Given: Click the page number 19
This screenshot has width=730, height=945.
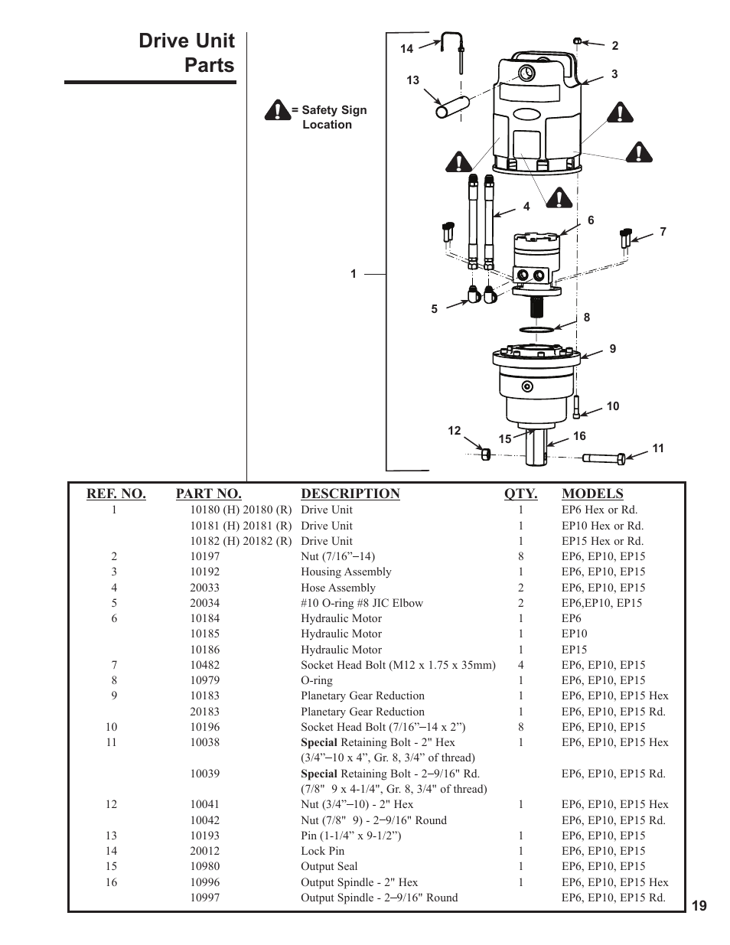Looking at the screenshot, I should [x=699, y=906].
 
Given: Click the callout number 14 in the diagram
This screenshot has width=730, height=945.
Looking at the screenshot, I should [x=406, y=49].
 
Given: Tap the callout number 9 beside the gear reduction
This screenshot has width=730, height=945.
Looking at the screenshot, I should [x=612, y=349].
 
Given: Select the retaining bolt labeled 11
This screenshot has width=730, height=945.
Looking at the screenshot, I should [x=605, y=458].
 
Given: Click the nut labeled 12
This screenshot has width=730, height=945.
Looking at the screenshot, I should [x=485, y=454].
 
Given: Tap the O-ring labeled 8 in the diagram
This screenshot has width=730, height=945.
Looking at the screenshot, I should [x=536, y=330].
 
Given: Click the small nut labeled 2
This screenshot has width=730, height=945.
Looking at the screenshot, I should [x=578, y=41].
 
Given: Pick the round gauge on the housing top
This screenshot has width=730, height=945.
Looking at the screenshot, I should [x=526, y=73].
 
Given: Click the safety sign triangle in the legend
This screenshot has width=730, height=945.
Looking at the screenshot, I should [x=276, y=111].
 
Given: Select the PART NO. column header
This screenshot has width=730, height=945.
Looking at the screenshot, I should [x=208, y=494].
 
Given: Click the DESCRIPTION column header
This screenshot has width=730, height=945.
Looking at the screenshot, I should [x=350, y=494].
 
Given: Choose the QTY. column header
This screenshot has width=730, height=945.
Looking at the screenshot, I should [x=520, y=494].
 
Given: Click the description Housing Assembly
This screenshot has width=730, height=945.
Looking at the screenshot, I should [x=345, y=572].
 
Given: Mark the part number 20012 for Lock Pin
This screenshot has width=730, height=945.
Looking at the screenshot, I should [x=204, y=851].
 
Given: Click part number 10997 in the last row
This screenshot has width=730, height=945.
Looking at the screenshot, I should [x=204, y=898].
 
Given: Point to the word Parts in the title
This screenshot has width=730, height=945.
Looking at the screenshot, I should [x=210, y=66].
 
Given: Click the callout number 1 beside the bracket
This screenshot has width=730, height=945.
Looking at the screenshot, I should [x=354, y=274].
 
